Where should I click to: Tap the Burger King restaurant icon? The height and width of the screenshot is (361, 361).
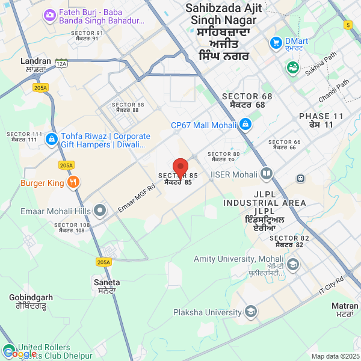pyautogui.click(x=73, y=182)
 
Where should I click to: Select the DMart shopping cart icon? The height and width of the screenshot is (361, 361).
pyautogui.click(x=276, y=43)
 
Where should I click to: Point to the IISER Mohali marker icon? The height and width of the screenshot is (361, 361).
pyautogui.click(x=267, y=174)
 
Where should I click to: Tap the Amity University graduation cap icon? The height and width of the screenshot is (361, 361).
pyautogui.click(x=292, y=264)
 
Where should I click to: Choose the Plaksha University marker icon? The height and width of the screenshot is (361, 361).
pyautogui.click(x=251, y=312)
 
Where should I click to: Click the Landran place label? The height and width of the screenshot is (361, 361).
pyautogui.click(x=35, y=61)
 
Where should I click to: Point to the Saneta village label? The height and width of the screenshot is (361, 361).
pyautogui.click(x=106, y=282)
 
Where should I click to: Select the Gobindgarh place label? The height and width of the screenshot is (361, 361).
pyautogui.click(x=31, y=297)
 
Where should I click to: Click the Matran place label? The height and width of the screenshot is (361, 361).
pyautogui.click(x=345, y=306)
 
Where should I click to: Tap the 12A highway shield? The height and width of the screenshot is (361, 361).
pyautogui.click(x=61, y=63)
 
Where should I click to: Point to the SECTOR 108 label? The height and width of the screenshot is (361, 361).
pyautogui.click(x=72, y=225)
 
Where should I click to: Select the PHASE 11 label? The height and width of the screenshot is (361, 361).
pyautogui.click(x=321, y=116)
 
